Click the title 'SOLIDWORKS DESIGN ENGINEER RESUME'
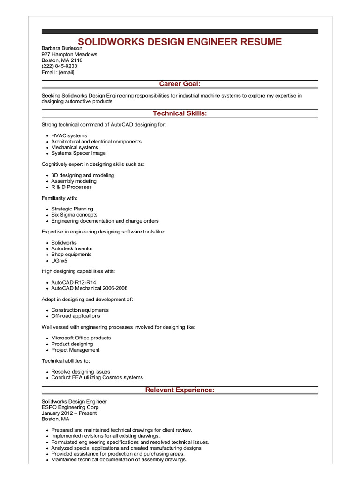click(x=180, y=42)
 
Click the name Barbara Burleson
click(x=62, y=48)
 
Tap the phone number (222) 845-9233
click(x=60, y=66)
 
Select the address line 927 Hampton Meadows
click(x=69, y=54)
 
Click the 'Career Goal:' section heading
click(x=180, y=84)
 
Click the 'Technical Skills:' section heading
click(x=180, y=113)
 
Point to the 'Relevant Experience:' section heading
click(x=180, y=390)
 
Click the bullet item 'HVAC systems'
click(x=69, y=135)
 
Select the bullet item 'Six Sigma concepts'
click(x=74, y=215)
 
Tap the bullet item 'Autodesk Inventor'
click(x=72, y=248)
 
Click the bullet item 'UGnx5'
click(x=59, y=261)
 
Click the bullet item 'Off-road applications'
click(x=75, y=316)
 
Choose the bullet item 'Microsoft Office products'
click(x=81, y=337)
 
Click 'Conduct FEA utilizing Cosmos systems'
click(x=97, y=377)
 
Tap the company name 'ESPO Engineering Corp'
click(x=70, y=407)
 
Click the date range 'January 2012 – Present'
click(x=69, y=413)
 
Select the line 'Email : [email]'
click(x=58, y=72)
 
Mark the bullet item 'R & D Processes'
click(x=71, y=187)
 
